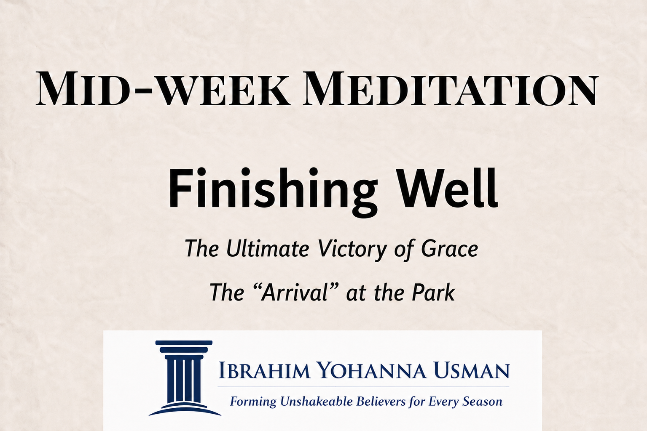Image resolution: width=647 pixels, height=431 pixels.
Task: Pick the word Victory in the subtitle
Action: (352, 250)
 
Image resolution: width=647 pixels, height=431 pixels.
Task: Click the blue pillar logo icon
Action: (184, 378)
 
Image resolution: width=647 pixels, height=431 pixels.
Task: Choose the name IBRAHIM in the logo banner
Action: (264, 371)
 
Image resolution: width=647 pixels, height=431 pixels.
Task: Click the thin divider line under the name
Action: (363, 386)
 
